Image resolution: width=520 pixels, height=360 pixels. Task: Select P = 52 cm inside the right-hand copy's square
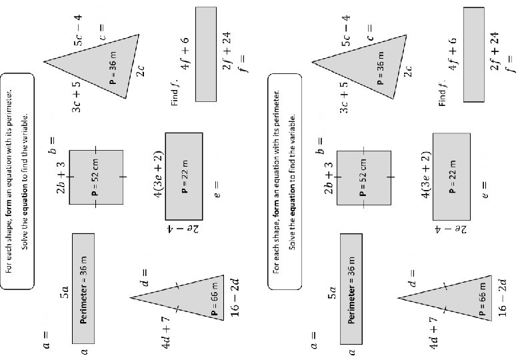click(x=363, y=177)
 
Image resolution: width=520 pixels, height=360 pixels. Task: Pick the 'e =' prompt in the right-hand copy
click(x=486, y=189)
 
